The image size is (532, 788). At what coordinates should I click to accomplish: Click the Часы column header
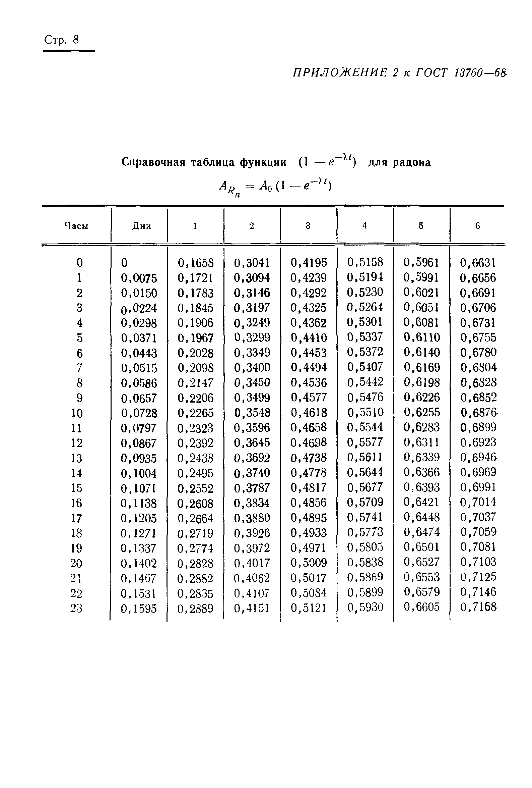(x=76, y=226)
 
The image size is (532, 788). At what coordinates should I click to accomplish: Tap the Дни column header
(x=142, y=226)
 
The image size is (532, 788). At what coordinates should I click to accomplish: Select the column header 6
(x=477, y=226)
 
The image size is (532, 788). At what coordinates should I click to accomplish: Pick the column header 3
(x=308, y=226)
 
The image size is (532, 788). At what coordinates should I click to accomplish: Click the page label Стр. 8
(x=62, y=40)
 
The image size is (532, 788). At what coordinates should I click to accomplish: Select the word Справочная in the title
(x=153, y=162)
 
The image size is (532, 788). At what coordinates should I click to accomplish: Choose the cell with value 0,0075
(x=139, y=278)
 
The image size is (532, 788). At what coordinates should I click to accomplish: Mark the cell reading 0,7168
(x=478, y=607)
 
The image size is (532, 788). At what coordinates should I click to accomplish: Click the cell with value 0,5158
(x=365, y=262)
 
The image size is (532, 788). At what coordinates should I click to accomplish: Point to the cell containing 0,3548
(x=252, y=413)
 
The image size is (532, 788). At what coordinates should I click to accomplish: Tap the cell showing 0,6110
(x=421, y=337)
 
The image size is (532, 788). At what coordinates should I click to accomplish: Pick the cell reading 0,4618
(x=309, y=413)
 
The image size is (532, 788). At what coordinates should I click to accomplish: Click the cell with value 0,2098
(x=195, y=368)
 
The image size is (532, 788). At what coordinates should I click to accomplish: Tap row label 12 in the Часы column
(x=77, y=443)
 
